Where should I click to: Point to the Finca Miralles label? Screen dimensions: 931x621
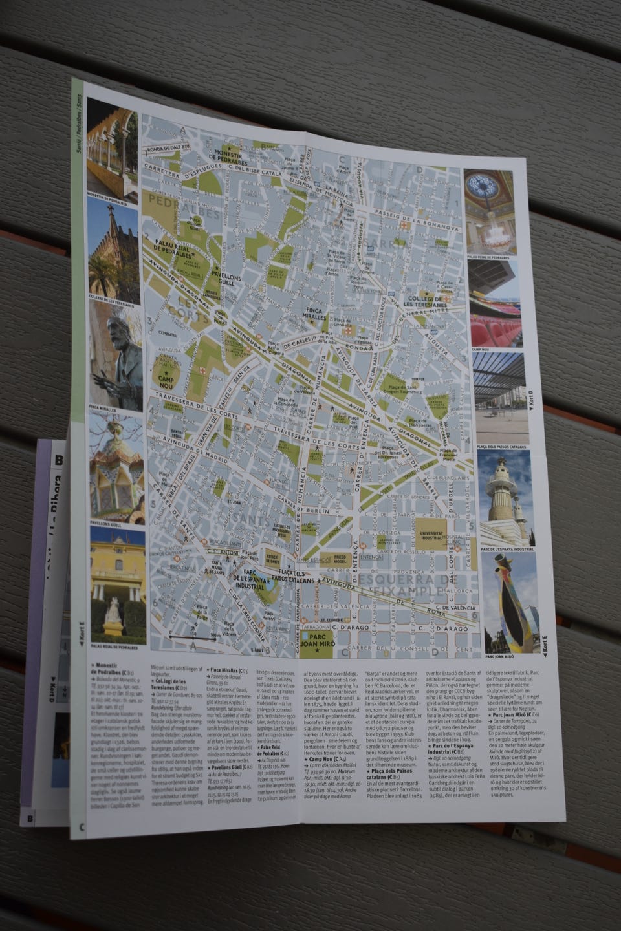(315, 314)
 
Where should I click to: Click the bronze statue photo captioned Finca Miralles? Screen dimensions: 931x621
(115, 356)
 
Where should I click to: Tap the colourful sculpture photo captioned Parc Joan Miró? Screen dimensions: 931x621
(510, 601)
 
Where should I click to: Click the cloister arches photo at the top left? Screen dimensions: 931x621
(111, 147)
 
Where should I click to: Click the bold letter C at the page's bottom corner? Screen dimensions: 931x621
(82, 827)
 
